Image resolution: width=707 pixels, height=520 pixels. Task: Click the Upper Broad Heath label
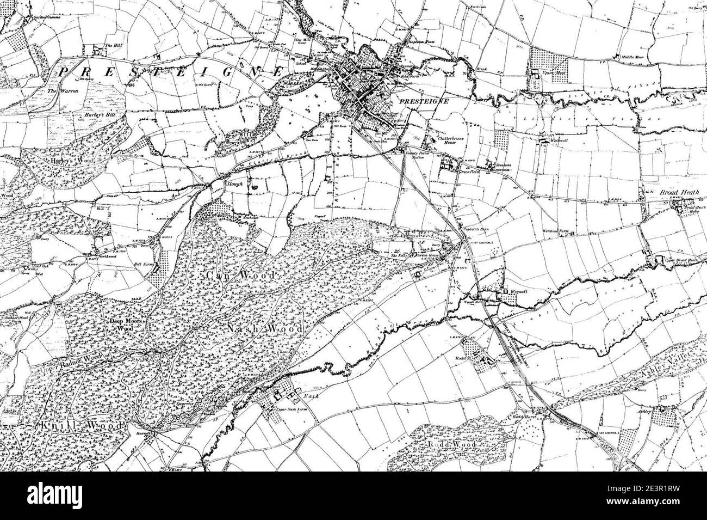coord(681,261)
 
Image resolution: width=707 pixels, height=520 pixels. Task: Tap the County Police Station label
coord(418,156)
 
